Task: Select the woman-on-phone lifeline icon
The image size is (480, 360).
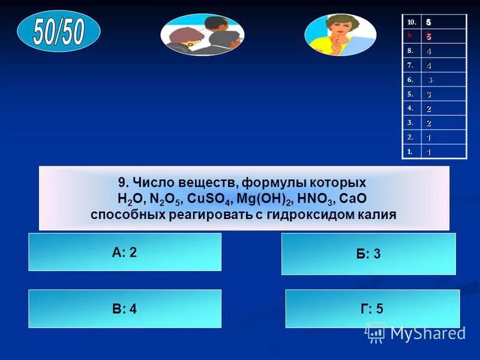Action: [340, 35]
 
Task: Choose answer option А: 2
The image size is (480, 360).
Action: [125, 252]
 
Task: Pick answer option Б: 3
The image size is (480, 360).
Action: [368, 254]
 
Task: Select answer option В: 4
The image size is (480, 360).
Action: [125, 309]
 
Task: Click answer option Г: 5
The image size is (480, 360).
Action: [372, 309]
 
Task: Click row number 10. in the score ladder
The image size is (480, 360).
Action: [411, 22]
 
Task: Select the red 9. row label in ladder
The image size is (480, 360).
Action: [411, 37]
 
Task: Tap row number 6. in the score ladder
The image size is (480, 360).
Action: [411, 80]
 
